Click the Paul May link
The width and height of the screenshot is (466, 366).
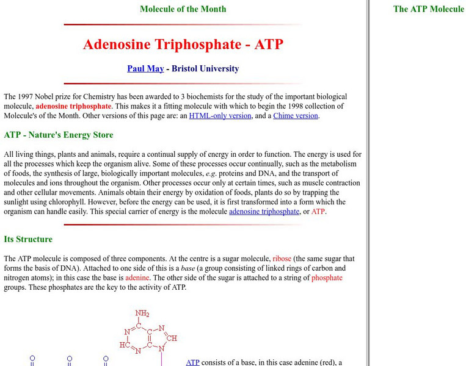pyautogui.click(x=145, y=68)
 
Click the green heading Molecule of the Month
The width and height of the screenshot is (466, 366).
pyautogui.click(x=183, y=9)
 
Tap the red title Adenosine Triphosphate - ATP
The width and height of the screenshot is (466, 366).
pyautogui.click(x=183, y=45)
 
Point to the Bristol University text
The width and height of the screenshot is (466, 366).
pyautogui.click(x=205, y=68)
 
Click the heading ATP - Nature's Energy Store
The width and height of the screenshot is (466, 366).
pyautogui.click(x=59, y=135)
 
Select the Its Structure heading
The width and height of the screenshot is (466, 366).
pyautogui.click(x=28, y=239)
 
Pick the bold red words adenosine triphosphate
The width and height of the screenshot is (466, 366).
pyautogui.click(x=73, y=106)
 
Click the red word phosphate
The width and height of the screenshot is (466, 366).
pyautogui.click(x=327, y=278)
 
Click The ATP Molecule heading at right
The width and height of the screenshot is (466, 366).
pyautogui.click(x=428, y=9)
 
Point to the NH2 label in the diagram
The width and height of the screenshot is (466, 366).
pyautogui.click(x=142, y=314)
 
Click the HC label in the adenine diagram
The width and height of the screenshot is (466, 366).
pyautogui.click(x=124, y=345)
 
